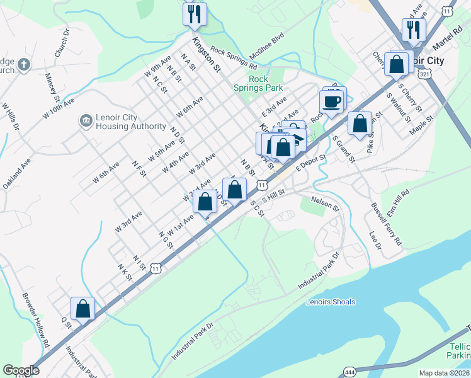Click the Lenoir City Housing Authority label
pyautogui.click(x=131, y=122)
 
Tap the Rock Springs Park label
pyautogui.click(x=258, y=83)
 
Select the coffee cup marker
pyautogui.click(x=331, y=101)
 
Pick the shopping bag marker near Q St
pyautogui.click(x=82, y=309)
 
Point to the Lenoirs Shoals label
pyautogui.click(x=331, y=302)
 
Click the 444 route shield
pyautogui.click(x=350, y=373)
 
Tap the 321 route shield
pyautogui.click(x=425, y=74)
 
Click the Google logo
pyautogui.click(x=21, y=370)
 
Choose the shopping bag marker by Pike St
pyautogui.click(x=360, y=124)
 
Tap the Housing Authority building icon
pyautogui.click(x=85, y=120)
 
